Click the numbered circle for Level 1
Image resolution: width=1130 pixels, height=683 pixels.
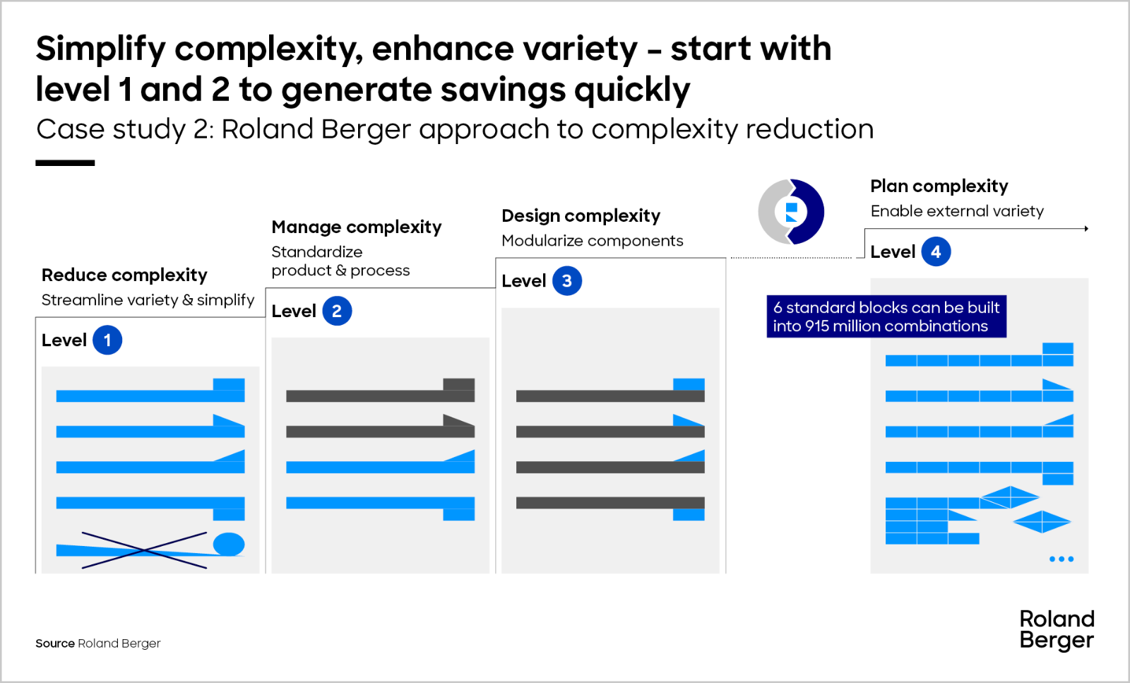tap(107, 340)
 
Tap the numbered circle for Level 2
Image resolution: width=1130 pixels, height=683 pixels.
tap(337, 311)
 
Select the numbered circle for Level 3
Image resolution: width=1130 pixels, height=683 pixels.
tap(567, 281)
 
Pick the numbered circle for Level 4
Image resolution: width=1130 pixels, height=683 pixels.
tap(936, 251)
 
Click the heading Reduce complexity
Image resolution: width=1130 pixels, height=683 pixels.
tap(124, 275)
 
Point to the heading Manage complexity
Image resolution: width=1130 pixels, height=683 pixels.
tap(356, 227)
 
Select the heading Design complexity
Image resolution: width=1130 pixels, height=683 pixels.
tap(581, 216)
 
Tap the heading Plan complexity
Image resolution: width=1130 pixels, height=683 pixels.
tap(939, 186)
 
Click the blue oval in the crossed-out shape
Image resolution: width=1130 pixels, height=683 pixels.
tap(229, 545)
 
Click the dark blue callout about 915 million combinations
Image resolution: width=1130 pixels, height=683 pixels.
tap(886, 316)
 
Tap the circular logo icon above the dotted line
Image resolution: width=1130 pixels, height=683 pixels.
tap(791, 212)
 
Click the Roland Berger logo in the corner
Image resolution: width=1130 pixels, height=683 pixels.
tap(1057, 629)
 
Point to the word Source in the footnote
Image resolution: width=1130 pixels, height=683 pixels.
tap(55, 643)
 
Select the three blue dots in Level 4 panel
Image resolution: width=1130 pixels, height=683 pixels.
tap(1061, 559)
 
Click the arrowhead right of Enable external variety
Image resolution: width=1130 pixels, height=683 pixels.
tap(1086, 229)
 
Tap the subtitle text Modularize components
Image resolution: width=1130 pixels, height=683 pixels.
tap(593, 241)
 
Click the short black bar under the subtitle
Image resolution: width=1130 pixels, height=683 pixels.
tap(65, 163)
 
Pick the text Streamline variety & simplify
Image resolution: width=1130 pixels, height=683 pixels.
tap(148, 300)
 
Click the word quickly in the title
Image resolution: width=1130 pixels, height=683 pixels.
tap(632, 90)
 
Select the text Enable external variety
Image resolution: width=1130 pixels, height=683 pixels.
tap(957, 211)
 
